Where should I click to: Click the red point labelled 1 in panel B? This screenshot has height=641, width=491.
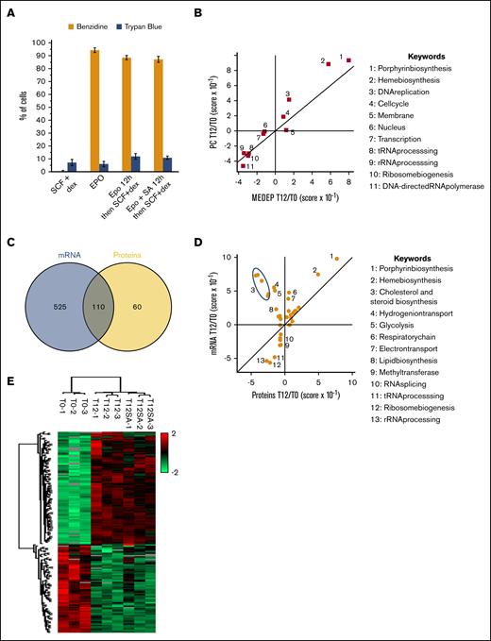coord(348,60)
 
